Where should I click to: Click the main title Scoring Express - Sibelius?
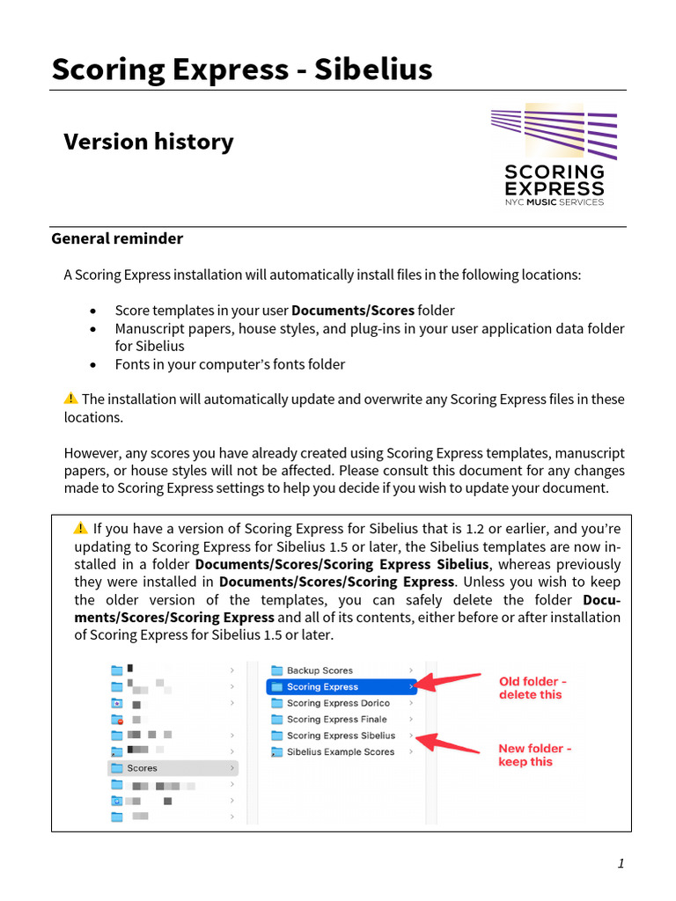pos(242,69)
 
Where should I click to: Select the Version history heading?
pos(148,142)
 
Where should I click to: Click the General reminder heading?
pos(117,238)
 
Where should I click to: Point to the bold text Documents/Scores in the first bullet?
pos(353,311)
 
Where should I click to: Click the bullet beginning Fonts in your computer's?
pos(230,364)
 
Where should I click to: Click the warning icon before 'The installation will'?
pos(71,399)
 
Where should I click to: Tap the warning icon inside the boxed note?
pos(81,528)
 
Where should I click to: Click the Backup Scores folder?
pos(319,670)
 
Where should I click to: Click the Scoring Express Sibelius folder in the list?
pos(340,736)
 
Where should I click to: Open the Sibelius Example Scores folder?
pos(340,752)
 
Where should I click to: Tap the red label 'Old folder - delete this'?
pos(533,688)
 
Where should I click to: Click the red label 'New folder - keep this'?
pos(535,755)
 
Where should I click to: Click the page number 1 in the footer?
pos(621,863)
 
